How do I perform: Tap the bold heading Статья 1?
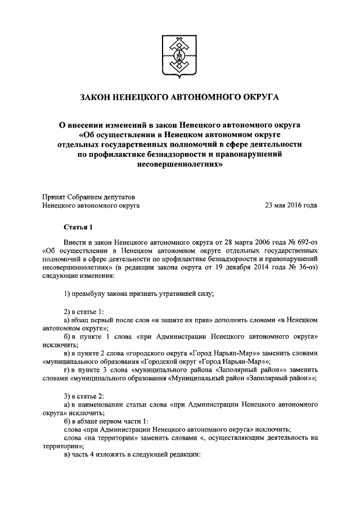(77, 227)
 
